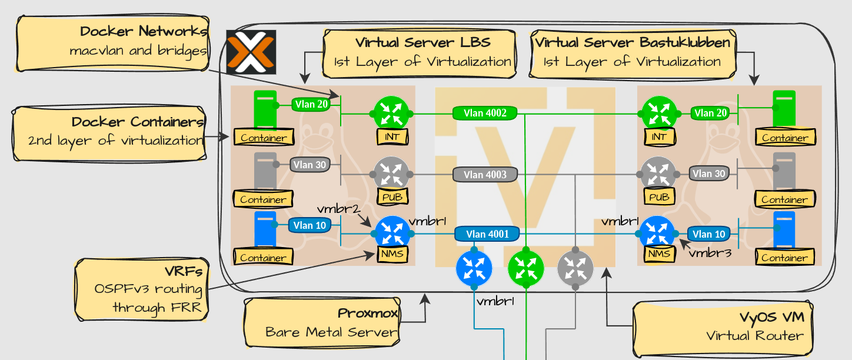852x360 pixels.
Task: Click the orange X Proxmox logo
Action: pos(251,52)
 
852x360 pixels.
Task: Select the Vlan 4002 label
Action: pos(485,113)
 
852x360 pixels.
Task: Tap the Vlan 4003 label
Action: pos(485,174)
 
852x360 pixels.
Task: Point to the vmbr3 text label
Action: pos(709,253)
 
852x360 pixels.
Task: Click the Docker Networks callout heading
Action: pos(144,31)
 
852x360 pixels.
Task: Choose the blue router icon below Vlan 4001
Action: pos(474,268)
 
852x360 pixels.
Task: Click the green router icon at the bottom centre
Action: pos(525,268)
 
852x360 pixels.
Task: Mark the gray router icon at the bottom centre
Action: pos(575,268)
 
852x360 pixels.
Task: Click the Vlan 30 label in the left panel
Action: pos(309,165)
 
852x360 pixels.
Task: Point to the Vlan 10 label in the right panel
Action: pos(708,234)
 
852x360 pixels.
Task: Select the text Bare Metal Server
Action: pos(331,332)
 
